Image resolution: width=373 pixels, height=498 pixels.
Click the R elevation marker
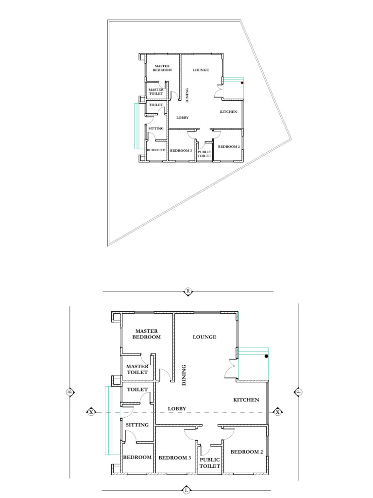tap(188, 291)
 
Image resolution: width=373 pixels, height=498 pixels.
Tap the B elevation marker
tap(70, 392)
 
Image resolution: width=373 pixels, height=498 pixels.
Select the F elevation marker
tap(298, 392)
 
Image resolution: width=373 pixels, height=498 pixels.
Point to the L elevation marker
tap(186, 490)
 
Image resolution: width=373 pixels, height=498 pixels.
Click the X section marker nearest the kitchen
tap(277, 412)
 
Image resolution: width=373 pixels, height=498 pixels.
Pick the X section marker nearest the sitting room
tap(91, 412)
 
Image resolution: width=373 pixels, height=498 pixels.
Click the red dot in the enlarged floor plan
tap(267, 356)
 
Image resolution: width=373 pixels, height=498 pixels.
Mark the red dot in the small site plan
tap(242, 83)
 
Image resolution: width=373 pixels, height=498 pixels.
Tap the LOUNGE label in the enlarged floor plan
tap(204, 337)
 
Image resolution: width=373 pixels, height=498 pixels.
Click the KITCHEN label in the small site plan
tap(229, 112)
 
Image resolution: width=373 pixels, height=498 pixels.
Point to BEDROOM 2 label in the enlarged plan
tap(247, 452)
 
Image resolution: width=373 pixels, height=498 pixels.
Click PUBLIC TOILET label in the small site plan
tap(204, 154)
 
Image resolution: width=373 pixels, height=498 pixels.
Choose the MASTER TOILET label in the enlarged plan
tap(137, 370)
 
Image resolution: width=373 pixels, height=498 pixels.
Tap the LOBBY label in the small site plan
tap(183, 118)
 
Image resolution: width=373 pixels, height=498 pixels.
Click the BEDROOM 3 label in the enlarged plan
tap(175, 458)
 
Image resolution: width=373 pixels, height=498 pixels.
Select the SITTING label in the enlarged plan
tap(137, 425)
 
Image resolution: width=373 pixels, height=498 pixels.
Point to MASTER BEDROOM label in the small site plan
tap(162, 68)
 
